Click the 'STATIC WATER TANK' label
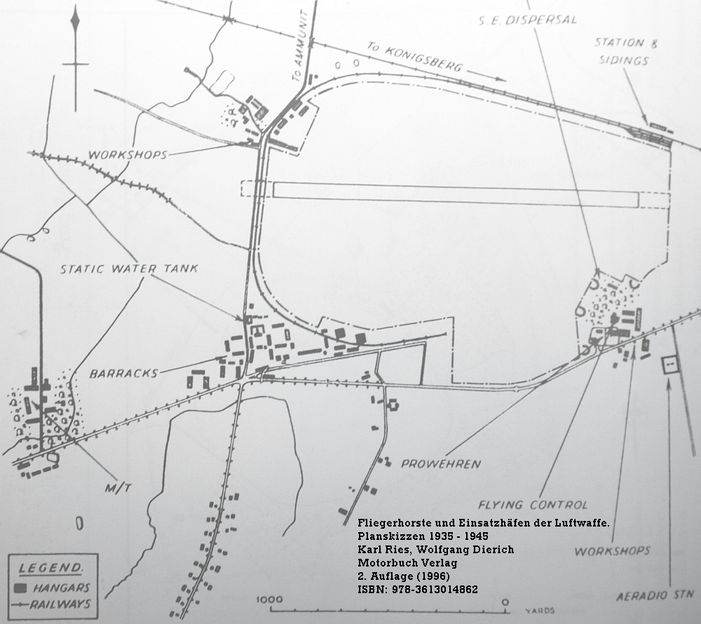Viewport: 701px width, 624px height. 129,269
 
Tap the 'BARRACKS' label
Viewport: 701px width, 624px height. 124,373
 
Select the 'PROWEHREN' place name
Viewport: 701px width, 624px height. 441,464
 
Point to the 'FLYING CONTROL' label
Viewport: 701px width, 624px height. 533,505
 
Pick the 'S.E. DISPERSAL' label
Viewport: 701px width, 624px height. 528,20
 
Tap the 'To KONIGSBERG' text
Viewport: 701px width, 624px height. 414,57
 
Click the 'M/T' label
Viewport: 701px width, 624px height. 118,488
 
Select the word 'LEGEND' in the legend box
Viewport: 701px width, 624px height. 50,568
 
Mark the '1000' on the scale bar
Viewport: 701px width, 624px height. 269,599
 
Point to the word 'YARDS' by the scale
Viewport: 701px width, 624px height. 540,610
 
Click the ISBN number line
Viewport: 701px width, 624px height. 418,589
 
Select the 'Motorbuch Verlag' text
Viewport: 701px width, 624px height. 407,563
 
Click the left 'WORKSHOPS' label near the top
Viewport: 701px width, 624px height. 128,155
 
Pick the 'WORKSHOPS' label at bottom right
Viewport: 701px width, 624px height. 612,551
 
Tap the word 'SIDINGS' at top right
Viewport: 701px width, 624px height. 624,60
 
